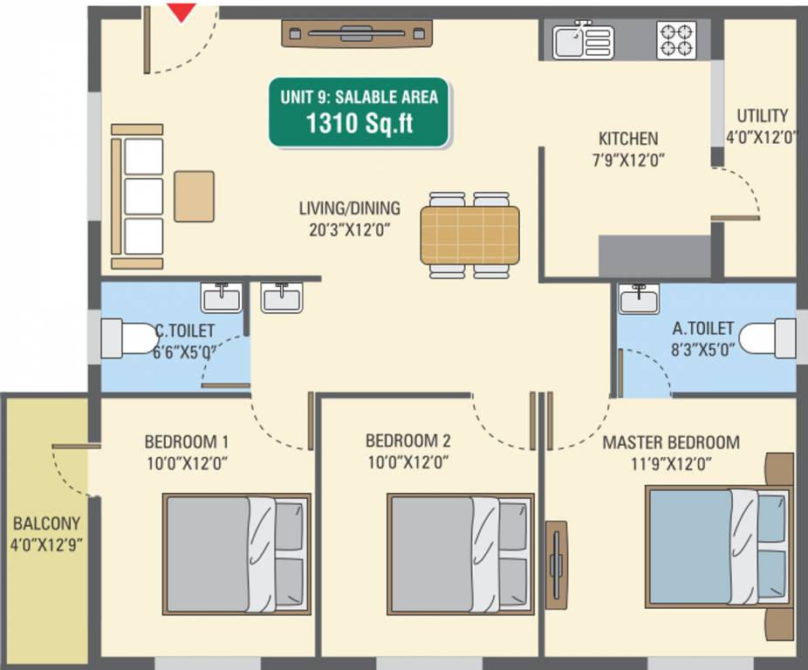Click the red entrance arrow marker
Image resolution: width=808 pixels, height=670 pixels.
[181, 12]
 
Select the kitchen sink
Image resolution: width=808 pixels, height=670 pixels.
[583, 41]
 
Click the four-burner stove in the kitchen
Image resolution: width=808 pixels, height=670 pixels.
[676, 40]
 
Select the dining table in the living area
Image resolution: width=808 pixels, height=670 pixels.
[469, 235]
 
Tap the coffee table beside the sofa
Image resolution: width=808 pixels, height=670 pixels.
[194, 196]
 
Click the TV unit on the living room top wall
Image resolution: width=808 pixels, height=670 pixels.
[357, 34]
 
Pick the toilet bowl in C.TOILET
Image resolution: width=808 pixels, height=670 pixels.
[127, 338]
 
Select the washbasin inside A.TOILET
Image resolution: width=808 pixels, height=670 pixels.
[640, 299]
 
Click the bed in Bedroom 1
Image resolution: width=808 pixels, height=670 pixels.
[236, 555]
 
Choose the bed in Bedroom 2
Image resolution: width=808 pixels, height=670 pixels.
[460, 555]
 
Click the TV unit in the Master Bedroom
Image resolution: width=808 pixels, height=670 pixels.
[556, 564]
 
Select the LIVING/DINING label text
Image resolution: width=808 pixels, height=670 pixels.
[349, 209]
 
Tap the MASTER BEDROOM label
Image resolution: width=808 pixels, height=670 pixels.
[671, 442]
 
